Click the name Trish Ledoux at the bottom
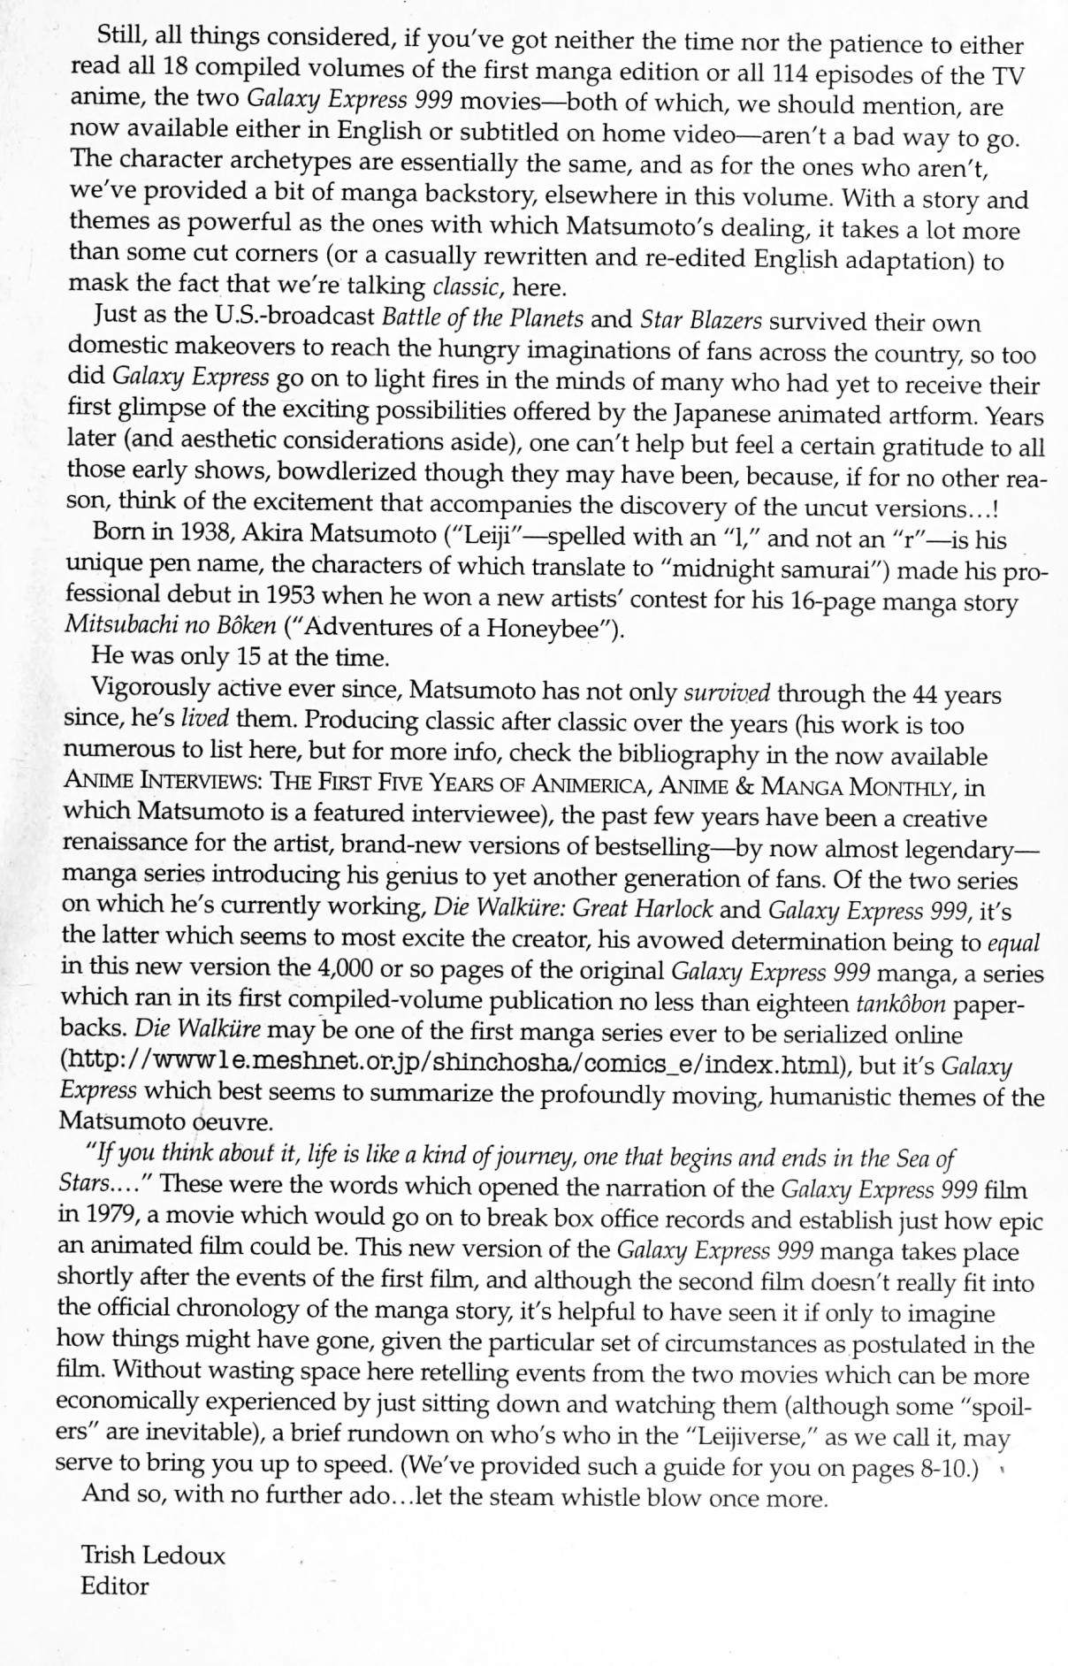pyautogui.click(x=153, y=1555)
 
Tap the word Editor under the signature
pyautogui.click(x=114, y=1586)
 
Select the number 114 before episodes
pyautogui.click(x=791, y=74)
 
